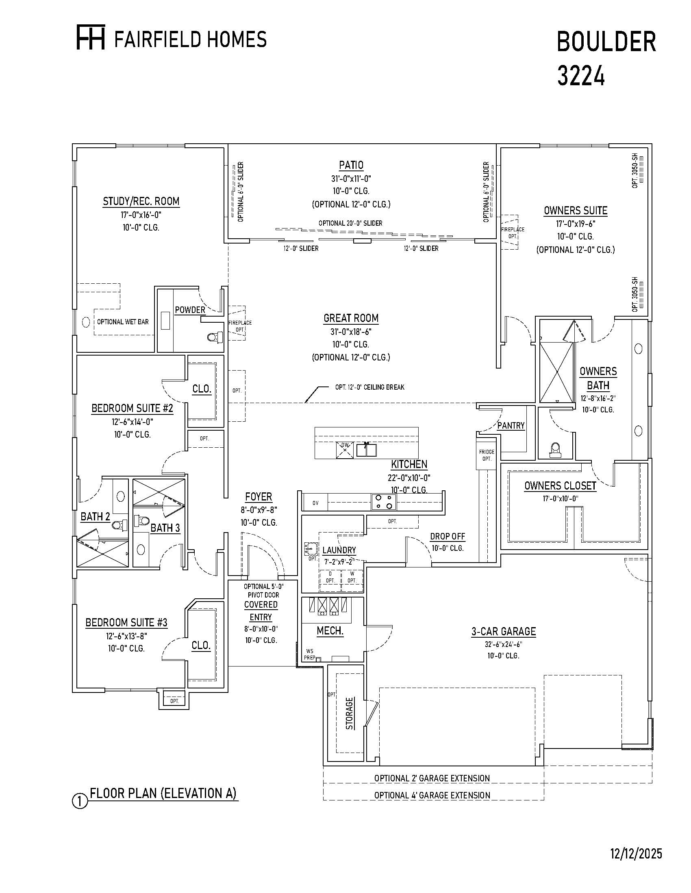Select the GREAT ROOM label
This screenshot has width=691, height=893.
point(351,318)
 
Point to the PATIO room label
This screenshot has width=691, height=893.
point(351,165)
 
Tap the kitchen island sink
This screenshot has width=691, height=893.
point(366,449)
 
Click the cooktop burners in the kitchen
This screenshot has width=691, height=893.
point(384,502)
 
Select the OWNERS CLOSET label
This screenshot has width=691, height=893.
point(560,486)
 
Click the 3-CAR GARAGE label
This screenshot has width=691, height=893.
point(504,631)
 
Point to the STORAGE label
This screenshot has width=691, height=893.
point(349,714)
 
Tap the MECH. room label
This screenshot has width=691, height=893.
point(330,630)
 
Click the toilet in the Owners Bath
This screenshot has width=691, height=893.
point(555,449)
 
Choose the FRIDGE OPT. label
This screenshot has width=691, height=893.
point(487,455)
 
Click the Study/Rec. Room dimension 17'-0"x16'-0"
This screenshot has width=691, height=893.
point(141,215)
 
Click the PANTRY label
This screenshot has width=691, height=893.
point(511,426)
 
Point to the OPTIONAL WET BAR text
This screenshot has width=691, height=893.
point(123,322)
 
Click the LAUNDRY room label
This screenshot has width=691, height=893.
point(339,550)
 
